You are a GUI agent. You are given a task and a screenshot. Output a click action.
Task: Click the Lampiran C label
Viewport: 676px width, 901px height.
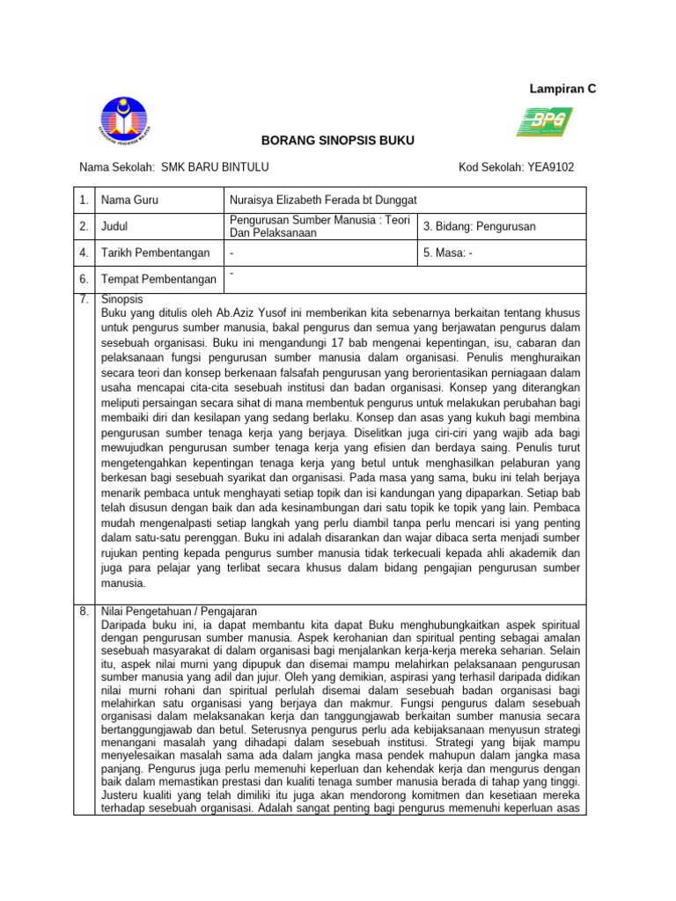click(562, 88)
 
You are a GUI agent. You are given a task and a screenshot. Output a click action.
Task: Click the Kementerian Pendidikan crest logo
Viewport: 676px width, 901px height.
click(124, 121)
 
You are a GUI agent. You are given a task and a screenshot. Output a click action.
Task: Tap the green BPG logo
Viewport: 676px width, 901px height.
click(544, 121)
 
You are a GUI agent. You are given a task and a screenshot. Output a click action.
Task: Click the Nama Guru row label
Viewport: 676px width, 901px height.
click(129, 201)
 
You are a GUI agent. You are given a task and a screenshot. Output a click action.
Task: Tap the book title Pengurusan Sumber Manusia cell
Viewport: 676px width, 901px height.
click(319, 226)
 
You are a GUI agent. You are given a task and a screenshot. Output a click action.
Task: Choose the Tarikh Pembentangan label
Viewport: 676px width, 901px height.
click(154, 253)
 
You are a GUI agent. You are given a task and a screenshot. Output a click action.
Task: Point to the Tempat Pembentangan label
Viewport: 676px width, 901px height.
click(158, 280)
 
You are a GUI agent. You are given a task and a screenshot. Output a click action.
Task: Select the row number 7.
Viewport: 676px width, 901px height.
click(84, 299)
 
